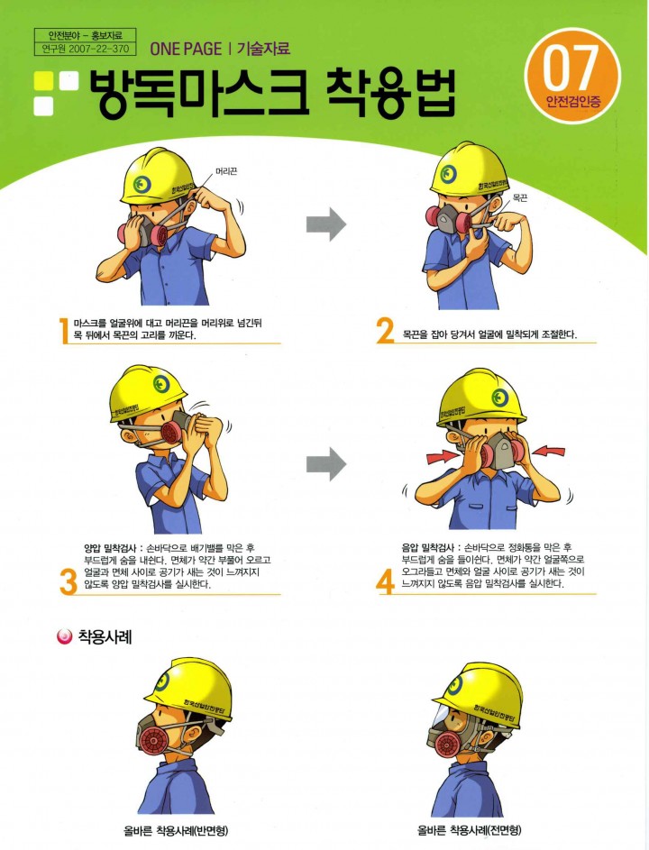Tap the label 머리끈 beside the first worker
tap(226, 171)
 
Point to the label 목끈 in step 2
tap(520, 198)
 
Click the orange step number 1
tap(65, 331)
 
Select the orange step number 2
tap(384, 331)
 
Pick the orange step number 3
tap(69, 583)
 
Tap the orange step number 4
tap(384, 583)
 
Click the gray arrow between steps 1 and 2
tap(326, 224)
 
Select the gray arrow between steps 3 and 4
tap(326, 464)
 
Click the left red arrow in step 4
tap(443, 456)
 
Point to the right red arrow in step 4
tap(548, 451)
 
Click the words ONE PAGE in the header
tap(186, 49)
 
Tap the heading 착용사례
tap(105, 636)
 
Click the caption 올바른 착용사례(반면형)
tap(176, 830)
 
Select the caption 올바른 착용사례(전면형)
tap(470, 830)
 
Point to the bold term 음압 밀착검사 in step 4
tap(427, 547)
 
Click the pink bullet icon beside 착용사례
tap(65, 636)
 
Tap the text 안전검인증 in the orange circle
tap(573, 101)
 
